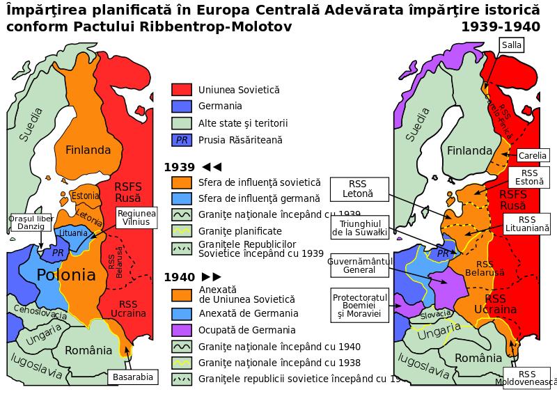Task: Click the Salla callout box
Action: point(510,45)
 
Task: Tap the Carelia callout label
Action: point(533,155)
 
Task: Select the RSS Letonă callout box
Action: point(357,188)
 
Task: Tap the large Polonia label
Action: point(66,274)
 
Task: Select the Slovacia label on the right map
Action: point(435,315)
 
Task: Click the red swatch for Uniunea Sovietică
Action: point(182,90)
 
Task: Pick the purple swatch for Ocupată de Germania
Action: point(182,330)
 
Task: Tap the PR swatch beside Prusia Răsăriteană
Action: point(182,140)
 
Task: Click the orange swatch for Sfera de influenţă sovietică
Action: point(182,182)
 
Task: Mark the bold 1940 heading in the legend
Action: point(179,277)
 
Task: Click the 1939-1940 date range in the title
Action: point(500,27)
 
